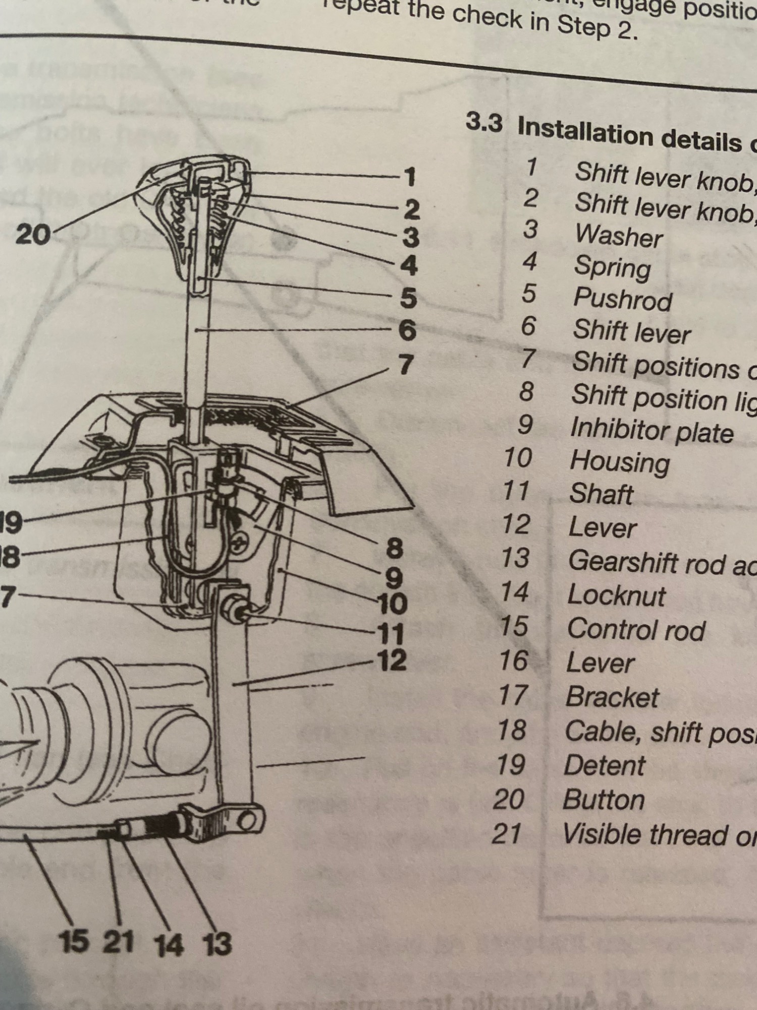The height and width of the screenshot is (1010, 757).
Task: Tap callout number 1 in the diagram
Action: click(x=409, y=177)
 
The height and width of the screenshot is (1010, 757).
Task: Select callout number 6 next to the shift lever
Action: click(x=407, y=331)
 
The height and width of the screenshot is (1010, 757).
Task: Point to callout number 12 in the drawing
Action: click(x=392, y=660)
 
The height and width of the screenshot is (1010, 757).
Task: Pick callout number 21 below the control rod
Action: click(x=119, y=942)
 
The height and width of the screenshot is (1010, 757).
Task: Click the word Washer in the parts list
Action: click(x=619, y=236)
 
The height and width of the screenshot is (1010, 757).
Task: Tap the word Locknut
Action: click(x=616, y=596)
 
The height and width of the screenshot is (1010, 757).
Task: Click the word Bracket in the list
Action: click(x=612, y=698)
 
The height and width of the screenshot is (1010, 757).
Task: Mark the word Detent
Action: click(x=604, y=766)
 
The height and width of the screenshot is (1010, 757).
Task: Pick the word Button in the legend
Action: click(x=604, y=800)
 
